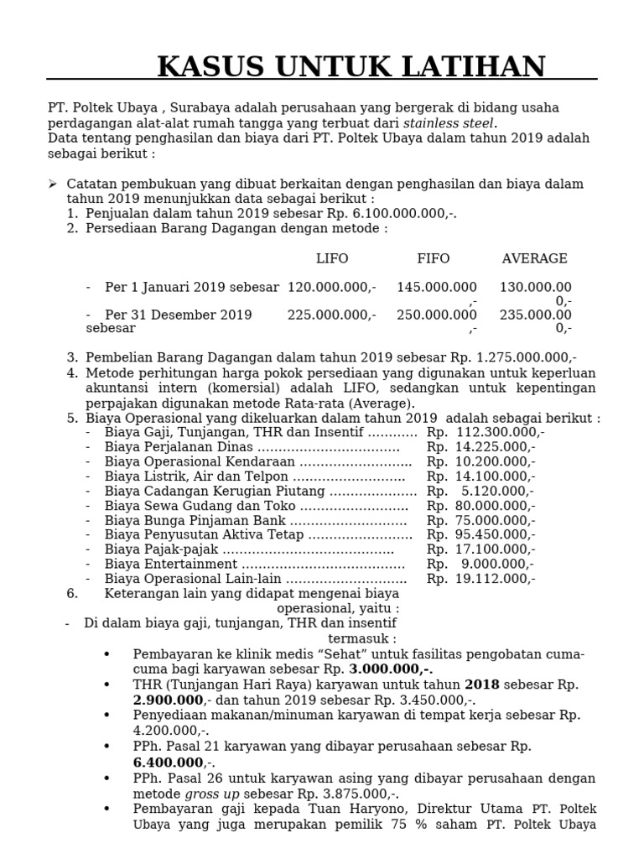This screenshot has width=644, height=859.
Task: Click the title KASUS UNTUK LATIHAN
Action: (351, 65)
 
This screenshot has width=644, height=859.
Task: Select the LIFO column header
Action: (332, 258)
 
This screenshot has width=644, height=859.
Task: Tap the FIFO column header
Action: (434, 258)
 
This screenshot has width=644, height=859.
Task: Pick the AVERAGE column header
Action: (534, 258)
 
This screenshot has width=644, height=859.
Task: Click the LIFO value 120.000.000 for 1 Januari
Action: (330, 287)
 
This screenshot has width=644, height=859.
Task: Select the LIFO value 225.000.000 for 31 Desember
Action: (330, 315)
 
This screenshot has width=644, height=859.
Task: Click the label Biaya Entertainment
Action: (171, 564)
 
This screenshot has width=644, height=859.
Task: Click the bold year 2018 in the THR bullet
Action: (481, 685)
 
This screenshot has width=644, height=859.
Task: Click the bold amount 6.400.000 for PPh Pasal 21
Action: (168, 763)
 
